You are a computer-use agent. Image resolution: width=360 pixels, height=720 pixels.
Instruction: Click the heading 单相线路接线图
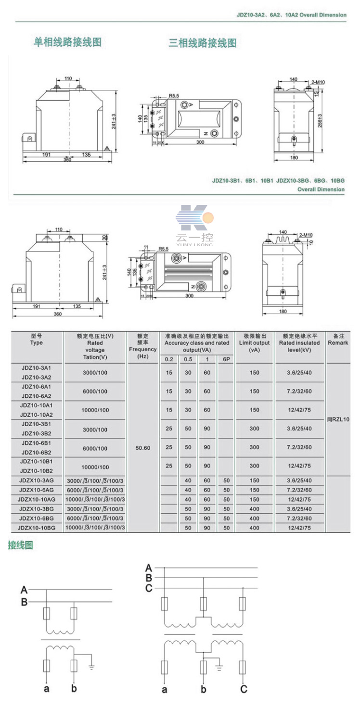(67, 42)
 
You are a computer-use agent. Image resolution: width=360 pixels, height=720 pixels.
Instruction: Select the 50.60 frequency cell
(142, 448)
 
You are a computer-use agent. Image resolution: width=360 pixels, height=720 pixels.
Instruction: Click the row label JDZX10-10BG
(37, 528)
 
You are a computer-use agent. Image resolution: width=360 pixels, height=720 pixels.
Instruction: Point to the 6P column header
(226, 359)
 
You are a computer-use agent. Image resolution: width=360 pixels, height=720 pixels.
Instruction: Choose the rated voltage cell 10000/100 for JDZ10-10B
(95, 467)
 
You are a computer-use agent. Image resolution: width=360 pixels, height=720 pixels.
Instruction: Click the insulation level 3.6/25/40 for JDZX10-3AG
(299, 480)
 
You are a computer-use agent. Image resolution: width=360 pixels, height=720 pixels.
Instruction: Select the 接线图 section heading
(21, 545)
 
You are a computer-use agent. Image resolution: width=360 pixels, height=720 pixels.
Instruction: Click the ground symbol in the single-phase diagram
(91, 667)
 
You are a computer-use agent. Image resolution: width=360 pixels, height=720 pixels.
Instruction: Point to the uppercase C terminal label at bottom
(244, 689)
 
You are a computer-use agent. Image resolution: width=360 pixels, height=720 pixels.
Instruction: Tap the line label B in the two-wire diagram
(24, 602)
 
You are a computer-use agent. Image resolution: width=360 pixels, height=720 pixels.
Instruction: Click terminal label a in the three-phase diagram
(165, 689)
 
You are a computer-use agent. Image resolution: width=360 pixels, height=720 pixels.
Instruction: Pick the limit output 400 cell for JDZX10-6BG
(254, 518)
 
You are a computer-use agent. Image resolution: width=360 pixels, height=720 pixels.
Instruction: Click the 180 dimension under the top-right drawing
(294, 158)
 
